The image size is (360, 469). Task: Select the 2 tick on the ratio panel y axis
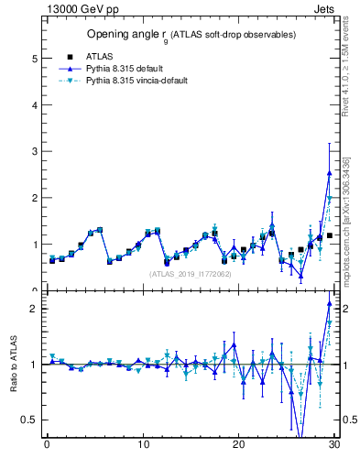click(x=34, y=309)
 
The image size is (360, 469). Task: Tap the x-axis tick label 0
click(x=47, y=445)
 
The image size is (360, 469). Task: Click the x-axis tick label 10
click(x=143, y=445)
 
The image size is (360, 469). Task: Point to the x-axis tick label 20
click(x=239, y=445)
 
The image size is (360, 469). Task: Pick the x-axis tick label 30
click(x=334, y=445)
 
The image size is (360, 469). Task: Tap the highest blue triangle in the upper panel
click(x=329, y=172)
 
